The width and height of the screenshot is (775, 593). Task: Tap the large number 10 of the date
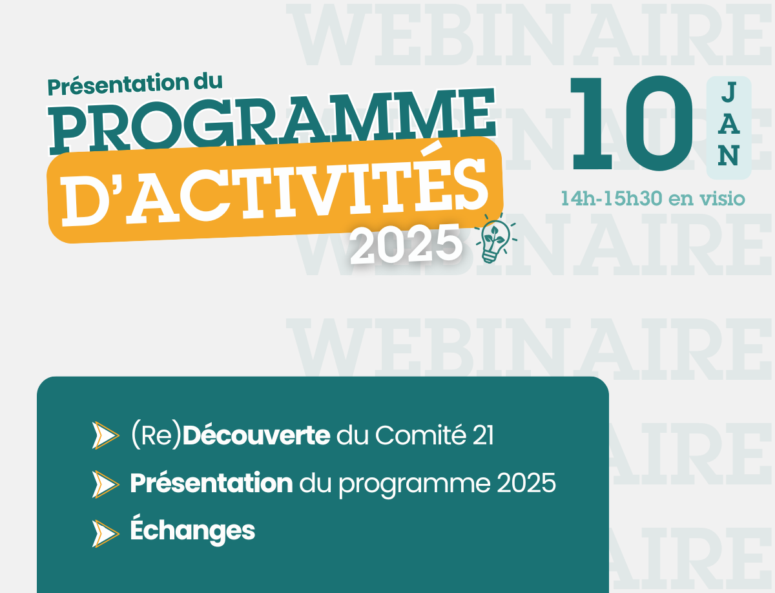coord(631,123)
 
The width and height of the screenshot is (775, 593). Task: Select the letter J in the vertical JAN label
coord(728,92)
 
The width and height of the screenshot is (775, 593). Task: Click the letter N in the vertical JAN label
coord(728,155)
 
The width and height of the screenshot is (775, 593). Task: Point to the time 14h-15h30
coord(612,198)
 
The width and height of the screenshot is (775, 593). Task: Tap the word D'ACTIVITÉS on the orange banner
coord(274,190)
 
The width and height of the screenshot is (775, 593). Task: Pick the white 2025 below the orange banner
coord(406,244)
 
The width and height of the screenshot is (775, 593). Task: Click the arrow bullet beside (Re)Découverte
coord(105,435)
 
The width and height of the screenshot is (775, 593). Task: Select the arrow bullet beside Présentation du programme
coord(105,484)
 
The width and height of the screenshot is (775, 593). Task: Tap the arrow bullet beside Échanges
coord(105,534)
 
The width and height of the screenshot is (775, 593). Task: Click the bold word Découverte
coord(256,435)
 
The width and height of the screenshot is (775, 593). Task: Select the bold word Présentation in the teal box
coord(211,483)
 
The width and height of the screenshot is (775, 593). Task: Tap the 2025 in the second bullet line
coord(526,483)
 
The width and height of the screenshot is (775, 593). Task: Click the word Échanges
coord(192,530)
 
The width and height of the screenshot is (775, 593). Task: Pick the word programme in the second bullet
coord(415,486)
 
